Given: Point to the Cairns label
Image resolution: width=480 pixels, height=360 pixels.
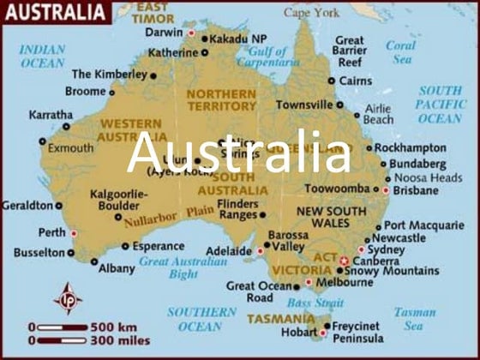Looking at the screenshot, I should (x=355, y=81).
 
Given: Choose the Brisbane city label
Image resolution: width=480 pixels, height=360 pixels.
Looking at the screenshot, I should (x=416, y=190).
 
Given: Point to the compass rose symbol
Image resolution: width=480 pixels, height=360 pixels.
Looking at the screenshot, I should (x=68, y=299).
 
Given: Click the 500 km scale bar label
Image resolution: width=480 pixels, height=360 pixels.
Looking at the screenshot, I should (x=113, y=326).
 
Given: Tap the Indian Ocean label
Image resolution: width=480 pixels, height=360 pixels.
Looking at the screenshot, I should (x=42, y=57).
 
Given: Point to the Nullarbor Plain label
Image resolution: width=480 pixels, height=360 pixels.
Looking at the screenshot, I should (x=168, y=215).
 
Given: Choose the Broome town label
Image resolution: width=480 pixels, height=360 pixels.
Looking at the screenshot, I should (x=85, y=92).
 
